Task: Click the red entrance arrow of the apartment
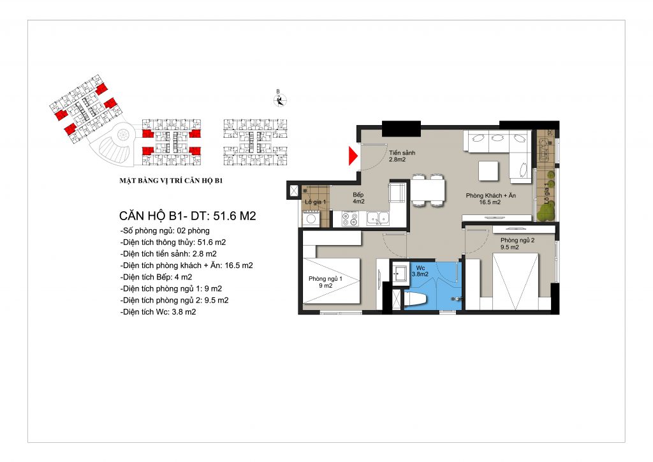point(353,156)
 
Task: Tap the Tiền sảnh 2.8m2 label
point(402,156)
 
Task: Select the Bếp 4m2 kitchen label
point(358,198)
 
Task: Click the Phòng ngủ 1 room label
point(325,282)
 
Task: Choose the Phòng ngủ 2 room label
point(517,243)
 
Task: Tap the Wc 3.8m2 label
point(420,271)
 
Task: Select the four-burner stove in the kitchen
point(350,219)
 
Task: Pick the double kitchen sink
point(378,218)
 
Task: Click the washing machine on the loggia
point(311,219)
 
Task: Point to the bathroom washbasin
point(400,273)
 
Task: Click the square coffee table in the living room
point(488,171)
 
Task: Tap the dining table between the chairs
point(428,190)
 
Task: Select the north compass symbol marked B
point(280,100)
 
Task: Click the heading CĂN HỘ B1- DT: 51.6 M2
point(187,216)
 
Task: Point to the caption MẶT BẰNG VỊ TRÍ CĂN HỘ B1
point(171,181)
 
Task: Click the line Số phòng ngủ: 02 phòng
point(165,231)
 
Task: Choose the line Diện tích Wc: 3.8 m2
point(158,311)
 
